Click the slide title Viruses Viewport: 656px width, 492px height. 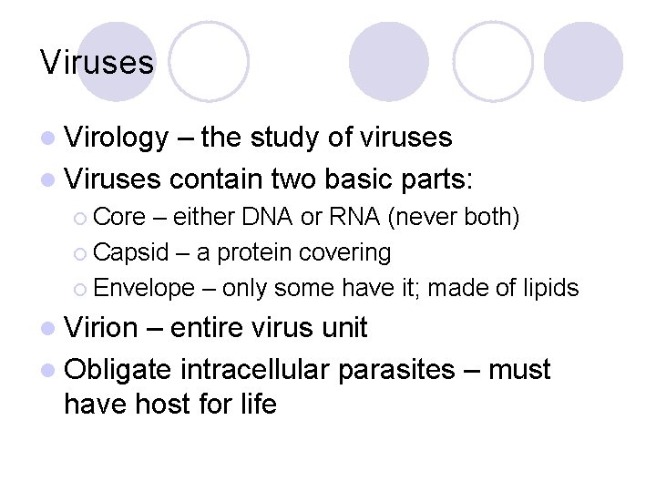click(97, 63)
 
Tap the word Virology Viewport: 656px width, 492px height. click(117, 138)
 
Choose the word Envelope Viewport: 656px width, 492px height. click(144, 288)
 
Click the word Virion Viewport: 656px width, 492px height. click(101, 328)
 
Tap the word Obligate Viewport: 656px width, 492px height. click(118, 370)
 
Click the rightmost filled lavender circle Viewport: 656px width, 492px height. click(583, 62)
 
